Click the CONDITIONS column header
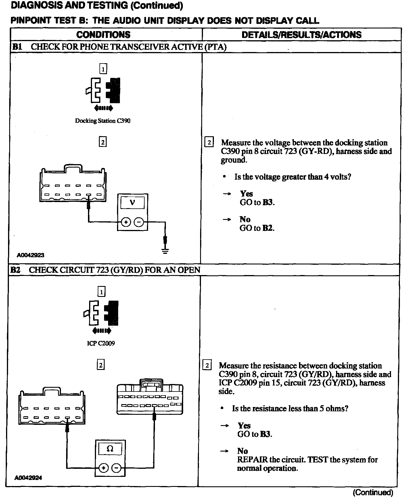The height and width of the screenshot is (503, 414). point(103,35)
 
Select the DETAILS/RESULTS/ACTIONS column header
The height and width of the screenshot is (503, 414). point(301,35)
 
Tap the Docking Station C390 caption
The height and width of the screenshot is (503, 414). point(103,121)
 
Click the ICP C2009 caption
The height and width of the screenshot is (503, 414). point(101,343)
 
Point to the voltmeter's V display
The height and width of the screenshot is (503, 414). point(132,203)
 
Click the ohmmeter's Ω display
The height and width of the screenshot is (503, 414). point(110,449)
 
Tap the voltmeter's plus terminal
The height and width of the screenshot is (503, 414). point(126,222)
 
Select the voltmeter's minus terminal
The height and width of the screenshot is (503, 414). point(139,222)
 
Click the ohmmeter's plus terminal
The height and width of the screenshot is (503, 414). point(103,468)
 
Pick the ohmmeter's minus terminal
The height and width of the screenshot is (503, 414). point(116,468)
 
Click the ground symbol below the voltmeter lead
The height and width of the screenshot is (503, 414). point(165,251)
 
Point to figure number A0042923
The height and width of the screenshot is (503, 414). point(30,255)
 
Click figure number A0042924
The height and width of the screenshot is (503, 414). point(28,478)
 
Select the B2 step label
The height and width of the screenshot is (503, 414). point(15,270)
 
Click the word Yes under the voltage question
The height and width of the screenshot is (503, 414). point(246,194)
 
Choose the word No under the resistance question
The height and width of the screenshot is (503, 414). point(243,451)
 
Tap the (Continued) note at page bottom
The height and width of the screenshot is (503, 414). point(373,492)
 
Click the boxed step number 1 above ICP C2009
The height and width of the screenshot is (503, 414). point(101,292)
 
